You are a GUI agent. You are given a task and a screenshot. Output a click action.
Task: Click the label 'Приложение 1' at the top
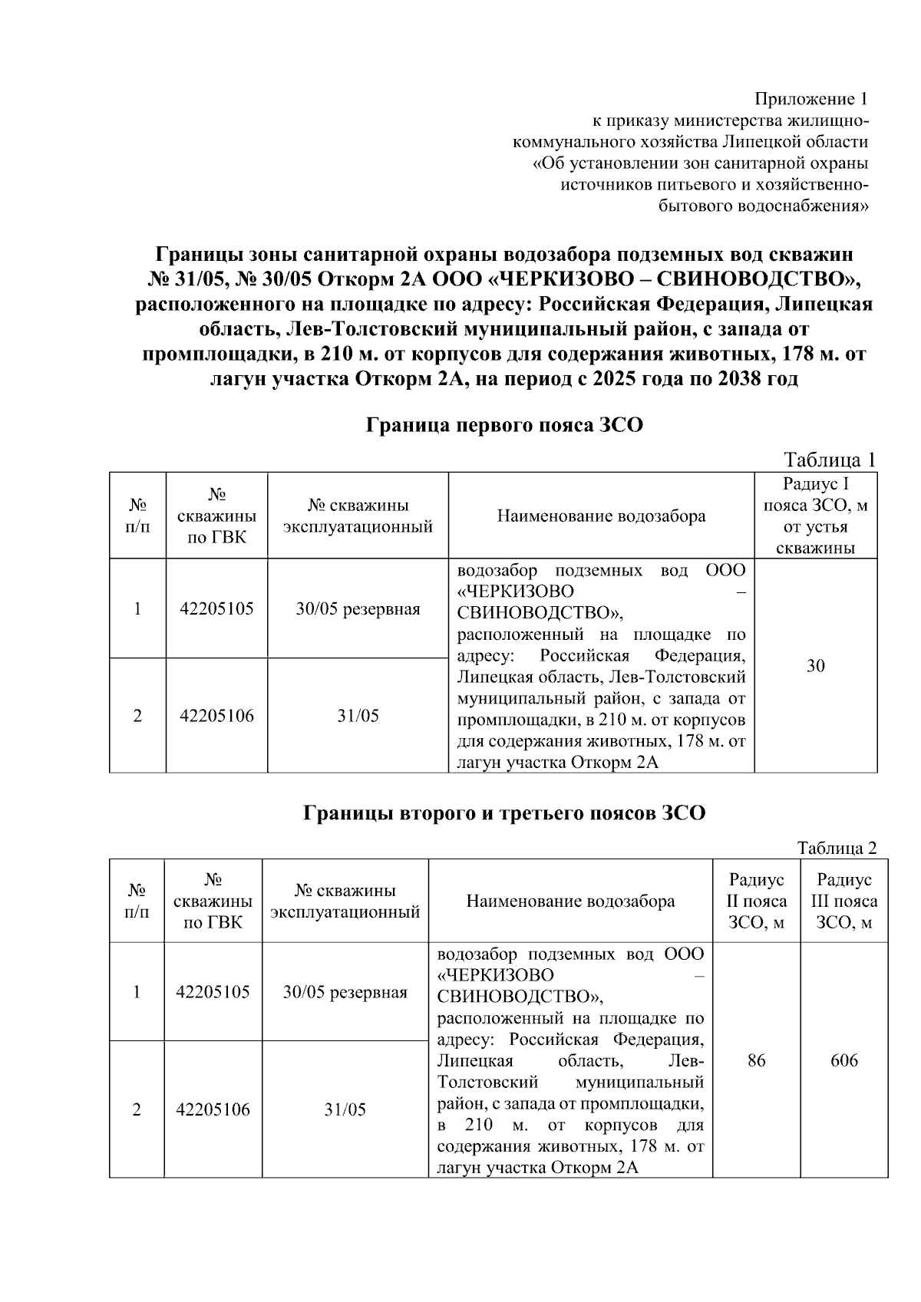pos(812,99)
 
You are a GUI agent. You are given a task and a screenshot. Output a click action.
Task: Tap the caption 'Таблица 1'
pos(829,460)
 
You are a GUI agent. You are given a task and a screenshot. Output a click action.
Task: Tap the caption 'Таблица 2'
pos(837,849)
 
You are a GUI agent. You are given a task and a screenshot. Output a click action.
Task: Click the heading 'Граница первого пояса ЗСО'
pos(503,425)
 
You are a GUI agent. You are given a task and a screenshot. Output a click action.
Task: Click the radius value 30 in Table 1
pos(816,666)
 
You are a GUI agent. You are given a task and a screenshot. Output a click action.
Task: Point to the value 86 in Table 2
pos(756,1060)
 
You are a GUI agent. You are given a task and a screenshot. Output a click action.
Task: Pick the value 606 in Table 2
pos(843,1060)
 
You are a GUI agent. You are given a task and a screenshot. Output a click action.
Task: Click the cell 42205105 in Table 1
pos(216,609)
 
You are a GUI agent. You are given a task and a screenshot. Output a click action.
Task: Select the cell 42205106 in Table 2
pos(213,1109)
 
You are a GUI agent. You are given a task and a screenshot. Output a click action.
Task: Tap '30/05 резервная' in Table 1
pos(358,609)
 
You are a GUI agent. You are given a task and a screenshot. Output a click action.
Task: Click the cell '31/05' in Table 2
pos(345,1109)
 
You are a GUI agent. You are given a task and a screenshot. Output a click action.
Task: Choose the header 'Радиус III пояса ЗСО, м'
pos(843,901)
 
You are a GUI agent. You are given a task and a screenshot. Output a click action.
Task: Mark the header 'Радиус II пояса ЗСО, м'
pos(756,901)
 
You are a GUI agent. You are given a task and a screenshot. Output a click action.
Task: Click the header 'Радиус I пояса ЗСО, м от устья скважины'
pos(816,516)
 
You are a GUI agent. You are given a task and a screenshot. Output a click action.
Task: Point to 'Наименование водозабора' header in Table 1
pos(601,516)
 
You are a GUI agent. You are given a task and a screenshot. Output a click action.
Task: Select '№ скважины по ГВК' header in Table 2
pos(213,901)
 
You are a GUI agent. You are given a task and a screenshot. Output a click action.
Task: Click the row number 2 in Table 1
pos(137,716)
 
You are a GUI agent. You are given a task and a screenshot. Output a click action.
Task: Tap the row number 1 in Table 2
pos(137,992)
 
